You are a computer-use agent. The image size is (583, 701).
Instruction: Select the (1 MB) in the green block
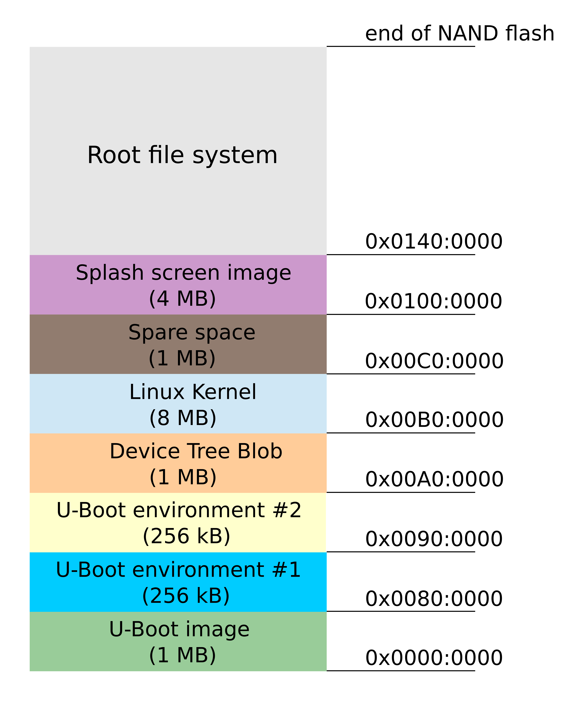tap(182, 655)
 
